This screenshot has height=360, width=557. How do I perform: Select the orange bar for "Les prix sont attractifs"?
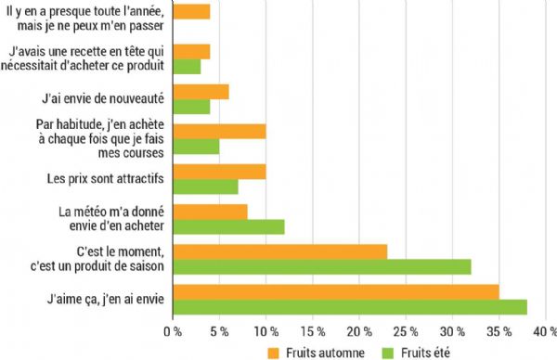[220, 172]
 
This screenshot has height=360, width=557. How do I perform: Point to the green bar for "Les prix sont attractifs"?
[206, 186]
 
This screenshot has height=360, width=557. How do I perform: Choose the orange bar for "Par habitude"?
[220, 131]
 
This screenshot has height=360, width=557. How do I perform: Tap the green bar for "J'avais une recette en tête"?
[188, 66]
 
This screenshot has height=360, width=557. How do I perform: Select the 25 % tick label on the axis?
[405, 329]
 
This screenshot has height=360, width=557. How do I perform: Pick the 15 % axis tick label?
[312, 329]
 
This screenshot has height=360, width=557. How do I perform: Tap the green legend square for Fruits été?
[389, 352]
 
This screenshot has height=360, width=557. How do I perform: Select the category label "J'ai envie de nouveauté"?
[104, 96]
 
